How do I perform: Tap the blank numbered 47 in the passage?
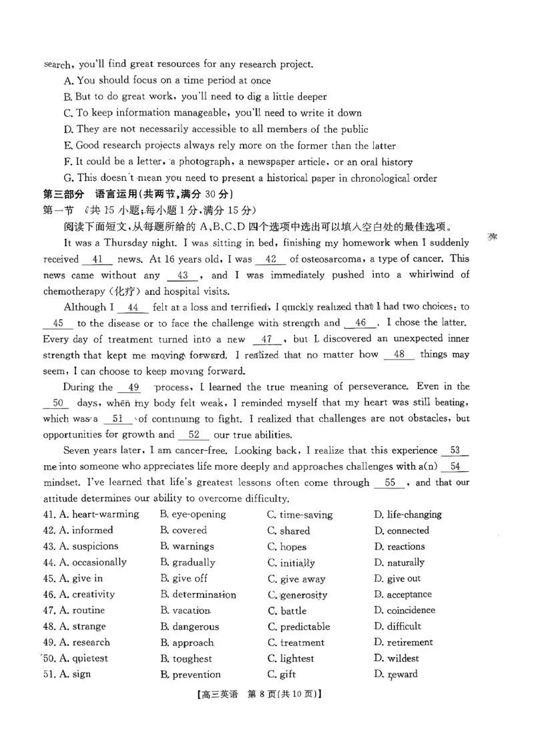point(266,339)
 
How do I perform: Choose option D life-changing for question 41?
point(407,514)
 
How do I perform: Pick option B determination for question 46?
point(198,595)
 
